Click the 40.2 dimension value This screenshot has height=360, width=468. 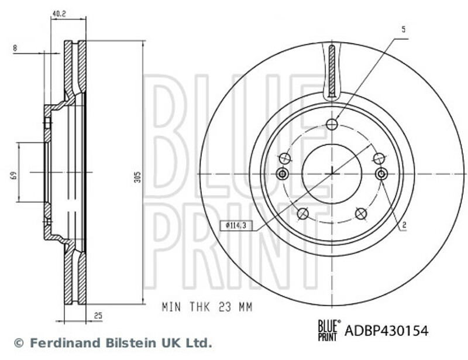(x=59, y=13)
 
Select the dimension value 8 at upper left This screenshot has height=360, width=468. (x=15, y=48)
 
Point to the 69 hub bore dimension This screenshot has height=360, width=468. (x=13, y=175)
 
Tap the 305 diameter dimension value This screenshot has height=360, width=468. (x=137, y=177)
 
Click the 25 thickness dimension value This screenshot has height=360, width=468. (x=98, y=316)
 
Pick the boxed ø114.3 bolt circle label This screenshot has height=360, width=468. (x=236, y=225)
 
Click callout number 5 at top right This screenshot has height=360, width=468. (x=404, y=29)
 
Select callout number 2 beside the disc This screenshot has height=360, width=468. (x=404, y=225)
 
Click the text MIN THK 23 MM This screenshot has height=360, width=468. (x=207, y=307)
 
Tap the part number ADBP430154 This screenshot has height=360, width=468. (x=387, y=331)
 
